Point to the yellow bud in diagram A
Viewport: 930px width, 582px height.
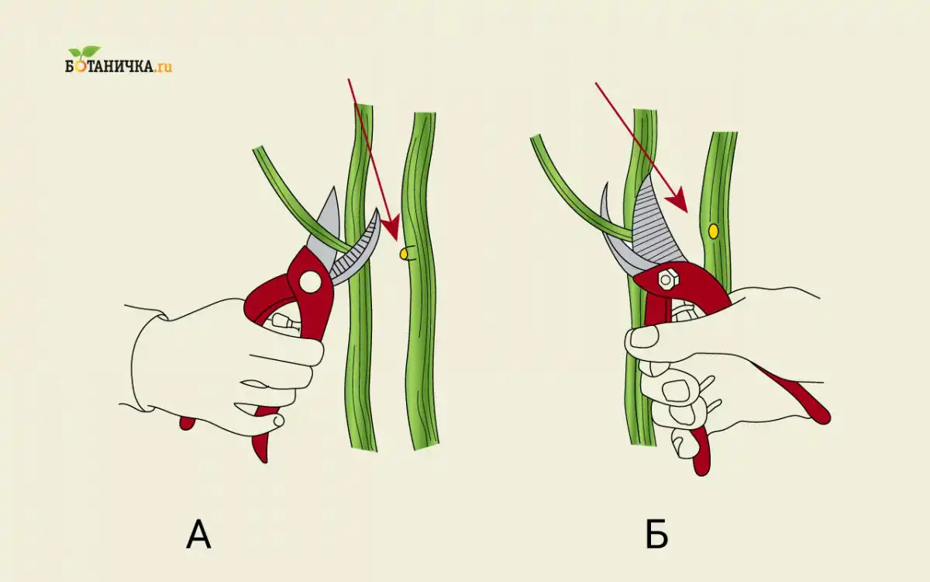[x=403, y=253]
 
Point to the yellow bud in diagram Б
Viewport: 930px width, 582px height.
[x=713, y=230]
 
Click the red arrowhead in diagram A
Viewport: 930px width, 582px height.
[x=391, y=228]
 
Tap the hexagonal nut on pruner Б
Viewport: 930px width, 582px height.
[x=665, y=279]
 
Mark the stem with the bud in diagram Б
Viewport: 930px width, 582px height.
[x=717, y=178]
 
